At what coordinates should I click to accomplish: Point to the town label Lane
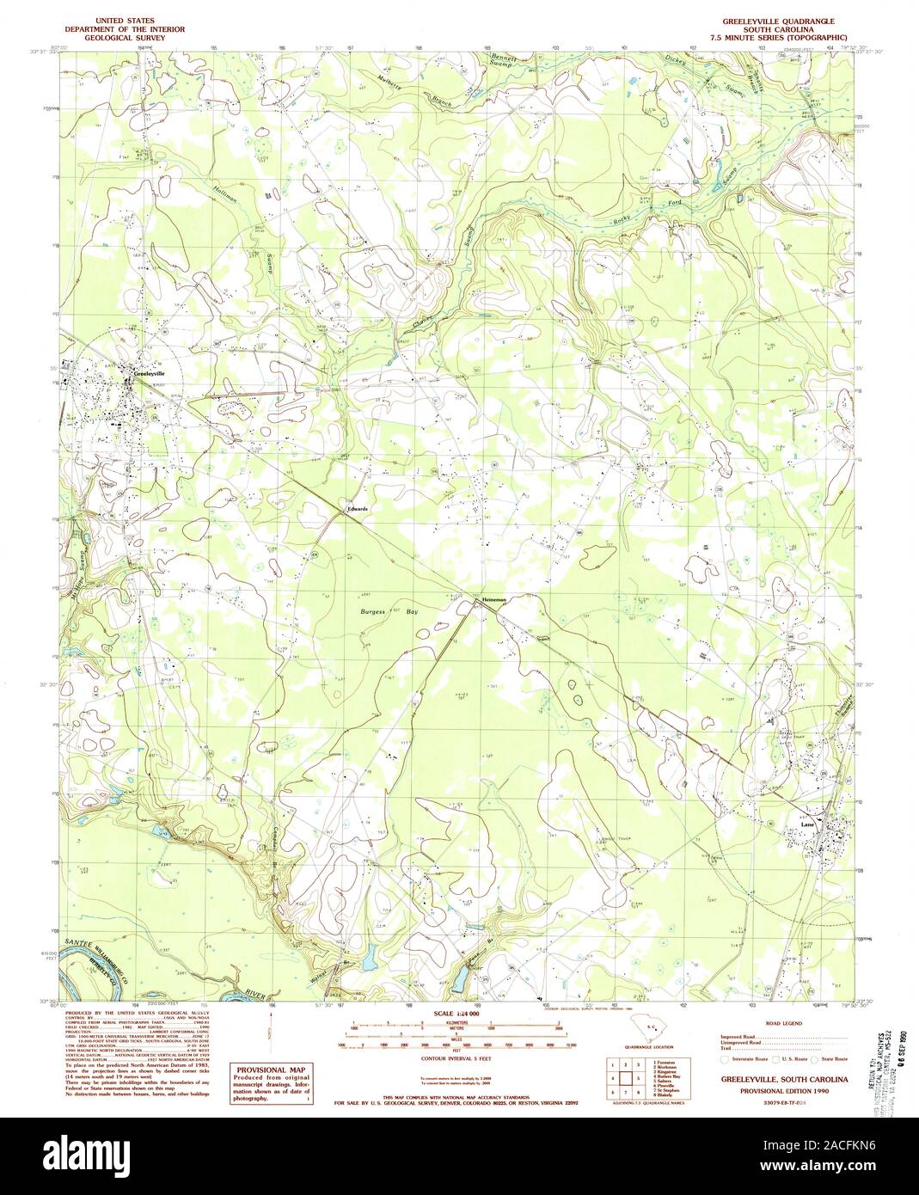tap(806, 824)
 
